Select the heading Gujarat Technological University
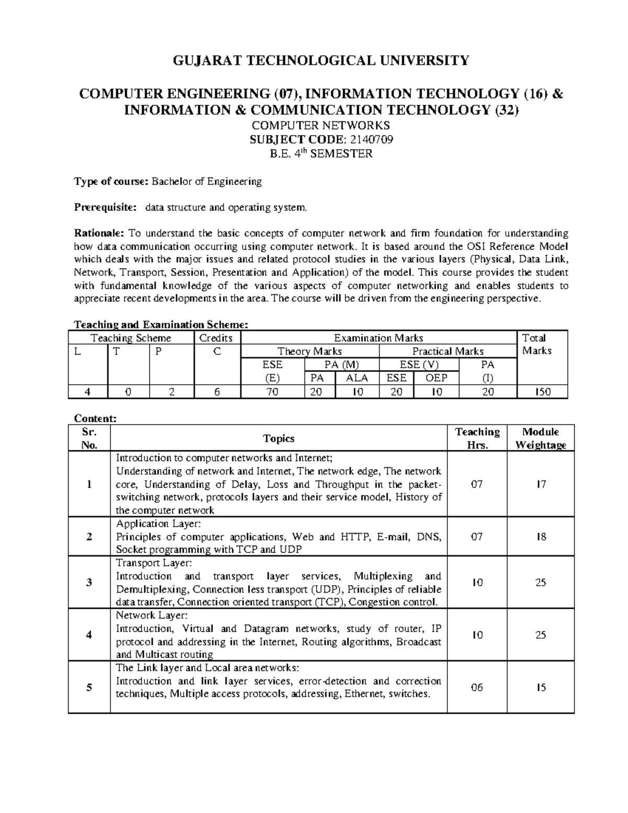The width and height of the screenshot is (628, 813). point(321,61)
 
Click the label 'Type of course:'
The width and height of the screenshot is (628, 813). point(111,182)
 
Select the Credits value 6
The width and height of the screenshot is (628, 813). point(217,391)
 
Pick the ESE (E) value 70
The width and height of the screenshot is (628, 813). point(272,391)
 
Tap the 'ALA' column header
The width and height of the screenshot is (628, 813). point(357,378)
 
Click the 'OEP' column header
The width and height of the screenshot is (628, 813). point(436,378)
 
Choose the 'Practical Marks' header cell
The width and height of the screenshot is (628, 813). point(447,351)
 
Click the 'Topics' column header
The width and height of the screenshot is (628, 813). point(278,438)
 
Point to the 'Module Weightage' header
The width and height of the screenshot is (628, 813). point(541,438)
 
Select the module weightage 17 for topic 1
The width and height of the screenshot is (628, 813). point(541,484)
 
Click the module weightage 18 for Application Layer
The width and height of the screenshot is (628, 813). point(541,537)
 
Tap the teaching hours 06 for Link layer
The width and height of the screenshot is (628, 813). point(477,687)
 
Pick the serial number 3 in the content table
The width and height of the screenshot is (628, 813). point(89,582)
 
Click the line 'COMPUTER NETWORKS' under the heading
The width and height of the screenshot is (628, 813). point(321,126)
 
